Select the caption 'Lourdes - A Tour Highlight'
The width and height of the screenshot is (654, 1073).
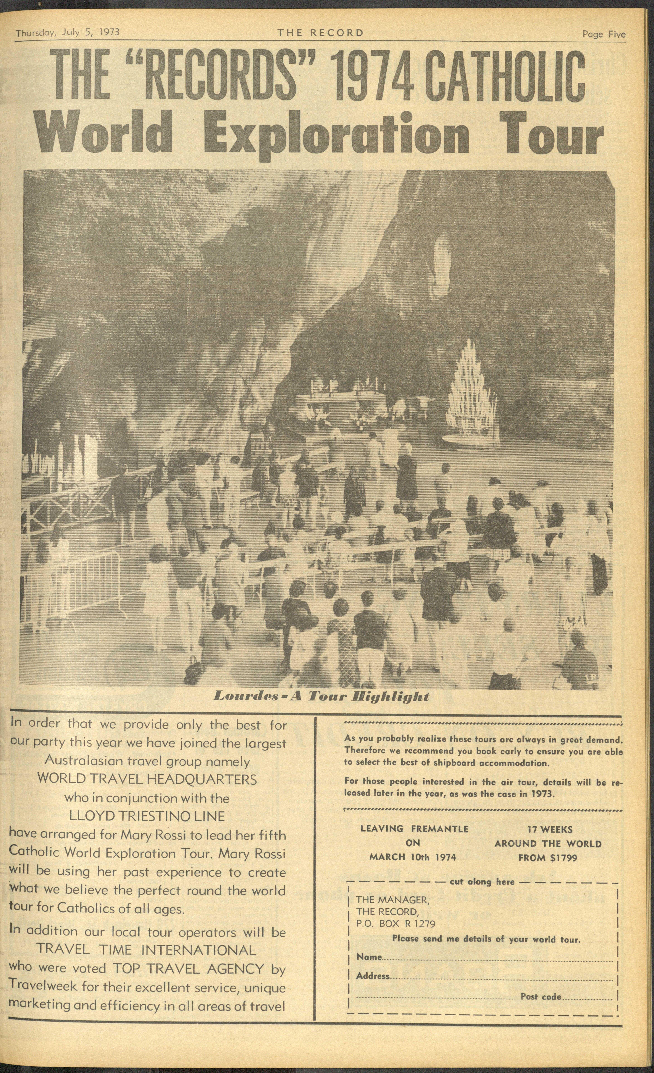coord(322,696)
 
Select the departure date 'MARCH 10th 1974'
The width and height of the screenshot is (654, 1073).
coord(413,857)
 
